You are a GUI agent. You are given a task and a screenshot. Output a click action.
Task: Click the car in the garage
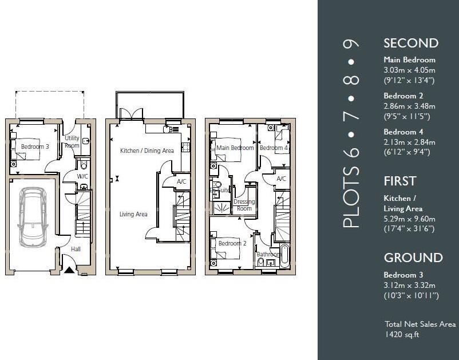pyautogui.click(x=32, y=217)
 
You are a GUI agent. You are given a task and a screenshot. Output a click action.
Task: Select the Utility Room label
pyautogui.click(x=72, y=142)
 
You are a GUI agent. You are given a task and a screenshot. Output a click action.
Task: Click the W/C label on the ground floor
pyautogui.click(x=82, y=176)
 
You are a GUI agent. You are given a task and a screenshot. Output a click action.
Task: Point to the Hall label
pyautogui.click(x=76, y=249)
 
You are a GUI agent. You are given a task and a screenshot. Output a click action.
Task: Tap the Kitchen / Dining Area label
pyautogui.click(x=147, y=151)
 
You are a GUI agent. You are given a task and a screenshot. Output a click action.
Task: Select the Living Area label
pyautogui.click(x=133, y=215)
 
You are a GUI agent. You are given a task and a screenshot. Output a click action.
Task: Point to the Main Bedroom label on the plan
pyautogui.click(x=235, y=148)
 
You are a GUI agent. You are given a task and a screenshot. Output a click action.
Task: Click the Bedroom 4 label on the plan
pyautogui.click(x=274, y=148)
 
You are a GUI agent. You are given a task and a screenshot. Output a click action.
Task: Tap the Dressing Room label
pyautogui.click(x=244, y=205)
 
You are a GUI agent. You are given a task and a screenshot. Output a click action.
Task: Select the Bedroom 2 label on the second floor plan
pyautogui.click(x=232, y=243)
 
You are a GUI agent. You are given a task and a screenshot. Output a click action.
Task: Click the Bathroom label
pyautogui.click(x=268, y=254)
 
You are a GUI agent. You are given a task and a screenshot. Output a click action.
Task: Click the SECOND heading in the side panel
pyautogui.click(x=410, y=43)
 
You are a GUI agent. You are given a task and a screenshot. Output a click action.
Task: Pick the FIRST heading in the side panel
pyautogui.click(x=399, y=181)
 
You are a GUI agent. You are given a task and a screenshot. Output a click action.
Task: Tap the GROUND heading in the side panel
pyautogui.click(x=413, y=258)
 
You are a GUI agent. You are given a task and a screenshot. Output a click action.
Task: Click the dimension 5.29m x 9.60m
pyautogui.click(x=409, y=219)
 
